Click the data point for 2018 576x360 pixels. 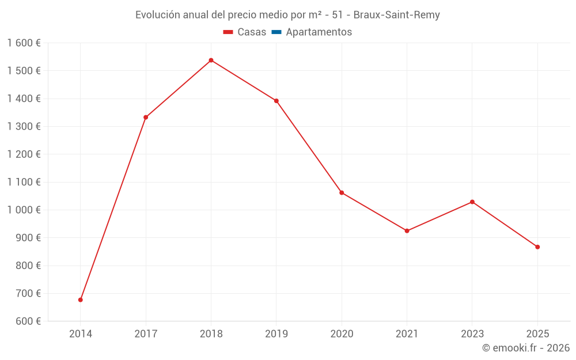tap(211, 60)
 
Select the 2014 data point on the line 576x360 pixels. tap(81, 300)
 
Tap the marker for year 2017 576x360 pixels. tap(146, 118)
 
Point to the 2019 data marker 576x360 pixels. tap(276, 101)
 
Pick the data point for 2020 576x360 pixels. tap(342, 192)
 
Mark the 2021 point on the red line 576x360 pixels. tap(407, 231)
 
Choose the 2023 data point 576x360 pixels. tap(472, 202)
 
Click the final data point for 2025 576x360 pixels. tap(537, 247)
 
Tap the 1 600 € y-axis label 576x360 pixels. tap(24, 43)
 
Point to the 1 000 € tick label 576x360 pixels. tap(24, 210)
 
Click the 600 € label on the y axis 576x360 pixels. tap(28, 321)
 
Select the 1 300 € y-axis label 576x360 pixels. tap(24, 127)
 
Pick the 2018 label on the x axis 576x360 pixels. tap(211, 334)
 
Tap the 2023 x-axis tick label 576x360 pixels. tap(472, 334)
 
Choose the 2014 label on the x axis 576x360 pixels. tap(81, 334)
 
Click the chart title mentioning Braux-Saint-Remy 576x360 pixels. tap(287, 15)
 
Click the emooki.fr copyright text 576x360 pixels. tap(526, 348)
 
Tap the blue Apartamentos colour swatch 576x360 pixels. tap(276, 32)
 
